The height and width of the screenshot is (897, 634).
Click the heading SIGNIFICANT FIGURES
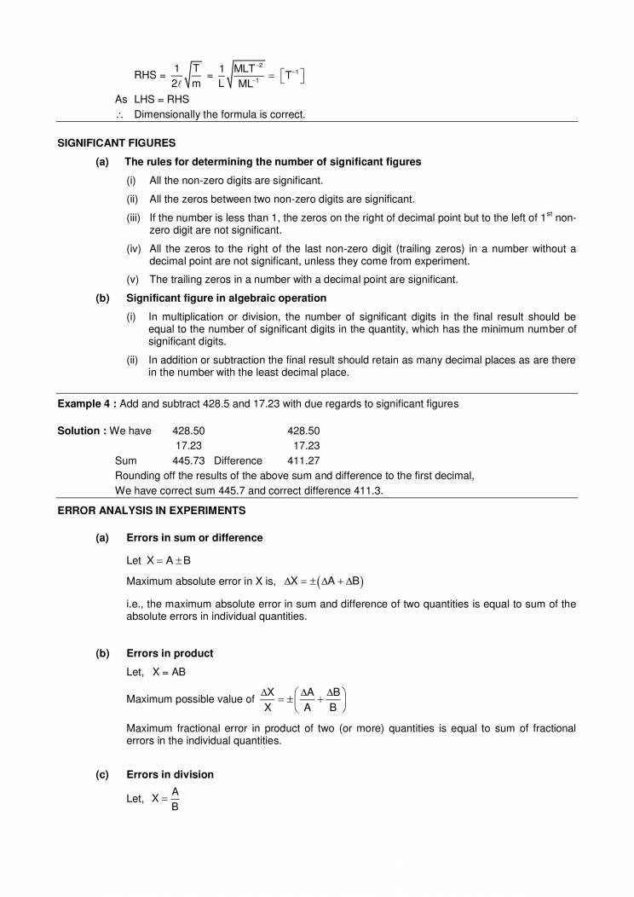[116, 143]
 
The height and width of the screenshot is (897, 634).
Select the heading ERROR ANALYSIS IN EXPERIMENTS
[151, 510]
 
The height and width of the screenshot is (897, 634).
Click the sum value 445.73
[188, 460]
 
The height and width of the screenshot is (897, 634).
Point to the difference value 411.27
[303, 460]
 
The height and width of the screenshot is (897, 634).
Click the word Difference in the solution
[238, 460]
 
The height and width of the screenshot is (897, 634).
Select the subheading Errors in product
[169, 654]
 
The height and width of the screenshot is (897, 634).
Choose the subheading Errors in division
[170, 774]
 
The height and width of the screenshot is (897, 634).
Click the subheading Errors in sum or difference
[194, 538]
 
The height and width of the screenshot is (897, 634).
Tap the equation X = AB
[161, 672]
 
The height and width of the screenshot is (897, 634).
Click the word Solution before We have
[79, 431]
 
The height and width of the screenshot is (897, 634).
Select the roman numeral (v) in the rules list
[133, 280]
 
